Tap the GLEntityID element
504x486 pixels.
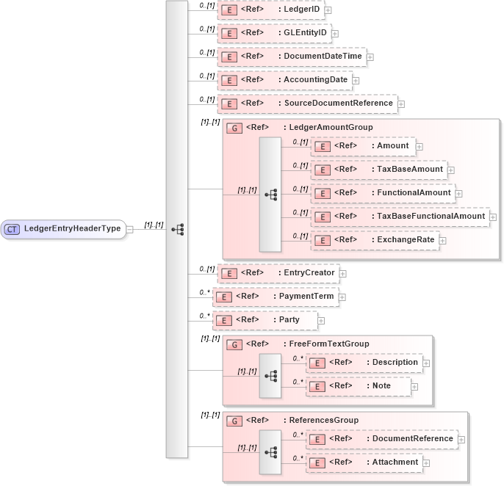pyautogui.click(x=274, y=34)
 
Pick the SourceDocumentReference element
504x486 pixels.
pyautogui.click(x=306, y=104)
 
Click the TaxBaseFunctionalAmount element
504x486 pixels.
pyautogui.click(x=400, y=217)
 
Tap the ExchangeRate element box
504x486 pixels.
pyautogui.click(x=375, y=240)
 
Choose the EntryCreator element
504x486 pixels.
pyautogui.click(x=278, y=273)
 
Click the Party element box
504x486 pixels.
pyautogui.click(x=264, y=320)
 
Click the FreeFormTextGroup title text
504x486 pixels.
pyautogui.click(x=326, y=344)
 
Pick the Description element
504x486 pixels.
pyautogui.click(x=364, y=363)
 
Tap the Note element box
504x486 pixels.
pyautogui.click(x=358, y=386)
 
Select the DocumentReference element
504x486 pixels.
pyautogui.click(x=381, y=439)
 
